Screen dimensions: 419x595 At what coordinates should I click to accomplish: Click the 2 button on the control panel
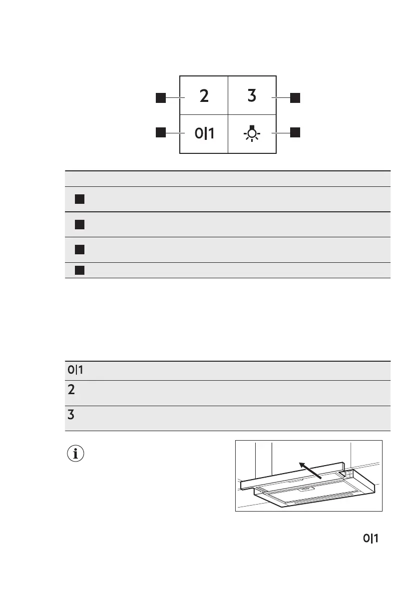click(204, 96)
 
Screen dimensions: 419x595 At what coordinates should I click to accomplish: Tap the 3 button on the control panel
click(252, 96)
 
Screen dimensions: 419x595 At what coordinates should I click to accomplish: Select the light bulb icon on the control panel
click(253, 133)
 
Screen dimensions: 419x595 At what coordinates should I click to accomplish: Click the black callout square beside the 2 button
click(160, 97)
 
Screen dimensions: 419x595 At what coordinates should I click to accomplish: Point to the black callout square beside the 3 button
click(295, 97)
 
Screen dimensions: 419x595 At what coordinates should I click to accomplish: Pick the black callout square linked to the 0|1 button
click(160, 132)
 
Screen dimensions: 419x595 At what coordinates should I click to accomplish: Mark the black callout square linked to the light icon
click(295, 132)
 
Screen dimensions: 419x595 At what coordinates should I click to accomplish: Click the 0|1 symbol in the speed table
click(75, 370)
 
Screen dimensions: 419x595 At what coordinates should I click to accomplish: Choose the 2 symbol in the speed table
click(71, 389)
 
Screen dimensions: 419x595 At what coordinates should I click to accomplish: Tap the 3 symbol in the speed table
click(71, 415)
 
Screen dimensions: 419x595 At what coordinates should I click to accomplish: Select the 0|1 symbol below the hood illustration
click(371, 539)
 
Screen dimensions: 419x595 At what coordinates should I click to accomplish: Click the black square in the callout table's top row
click(78, 199)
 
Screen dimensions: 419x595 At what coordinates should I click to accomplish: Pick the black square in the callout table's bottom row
click(78, 270)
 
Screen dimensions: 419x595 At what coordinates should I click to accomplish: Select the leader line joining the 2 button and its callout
click(173, 97)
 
